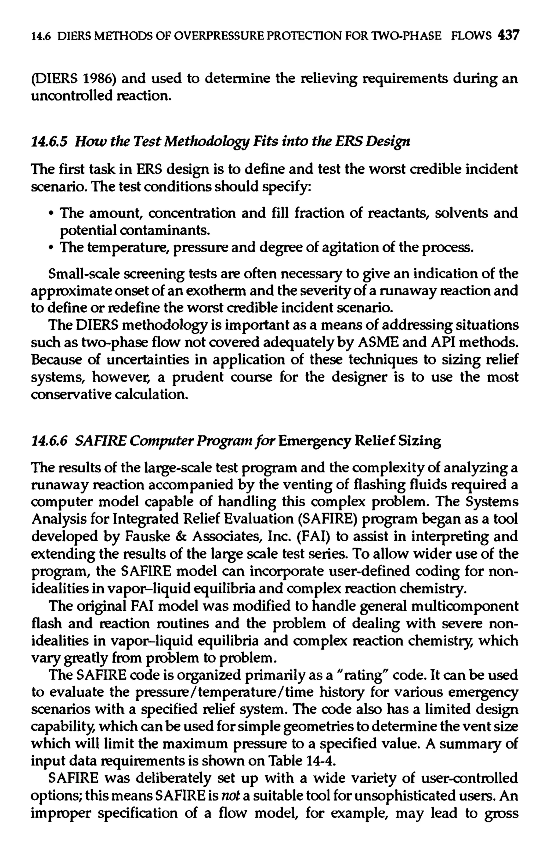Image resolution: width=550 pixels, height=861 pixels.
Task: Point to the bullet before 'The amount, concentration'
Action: pos(52,213)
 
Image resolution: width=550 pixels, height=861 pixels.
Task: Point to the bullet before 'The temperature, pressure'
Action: pos(52,248)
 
